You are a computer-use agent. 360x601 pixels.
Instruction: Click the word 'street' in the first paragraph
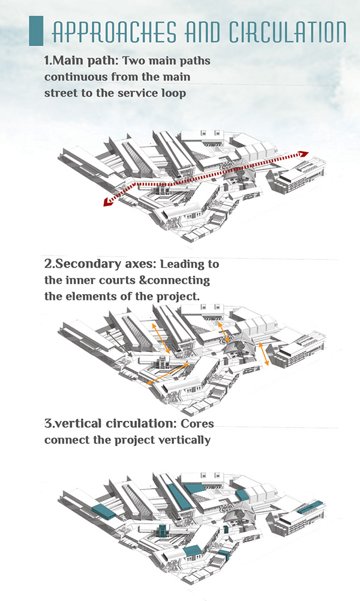pyautogui.click(x=61, y=94)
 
